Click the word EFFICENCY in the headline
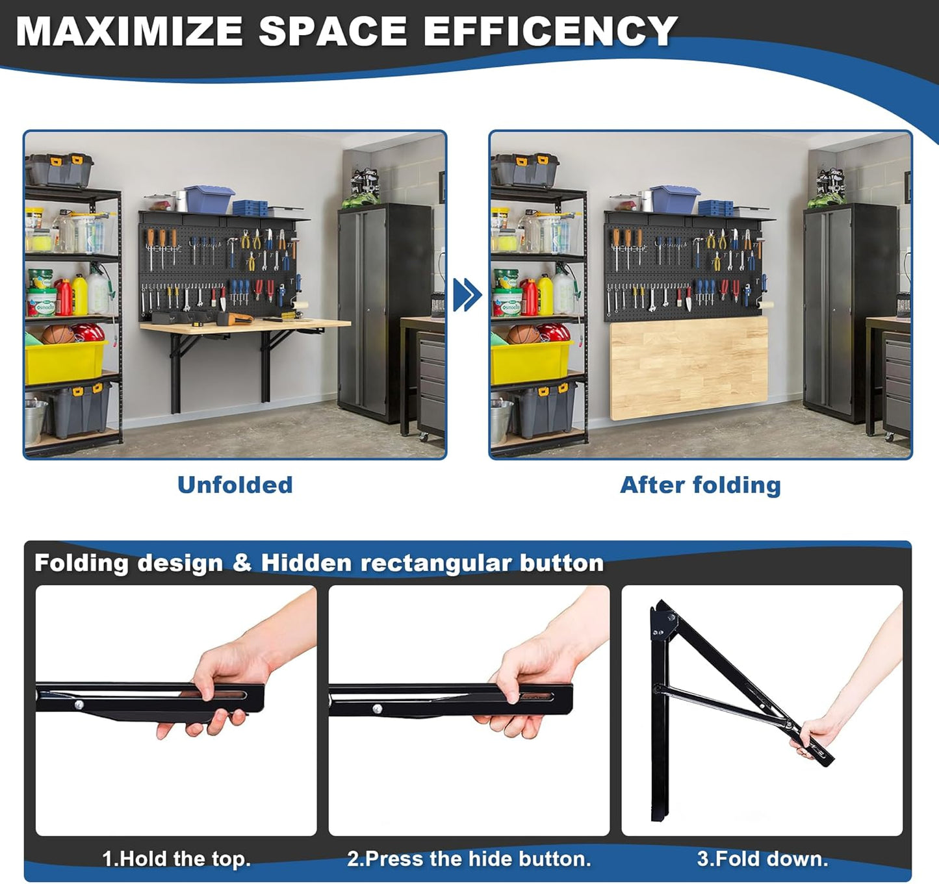coord(550,31)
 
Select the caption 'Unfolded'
coord(235,485)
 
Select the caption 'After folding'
coord(700,485)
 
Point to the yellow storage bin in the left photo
coord(64,361)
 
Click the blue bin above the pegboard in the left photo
coord(209,199)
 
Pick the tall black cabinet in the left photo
coord(385,312)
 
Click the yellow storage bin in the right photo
coord(530,361)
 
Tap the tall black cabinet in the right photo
coord(850,312)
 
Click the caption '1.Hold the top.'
coord(176,859)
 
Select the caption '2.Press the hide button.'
coord(469,859)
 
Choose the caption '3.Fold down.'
coord(762,859)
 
